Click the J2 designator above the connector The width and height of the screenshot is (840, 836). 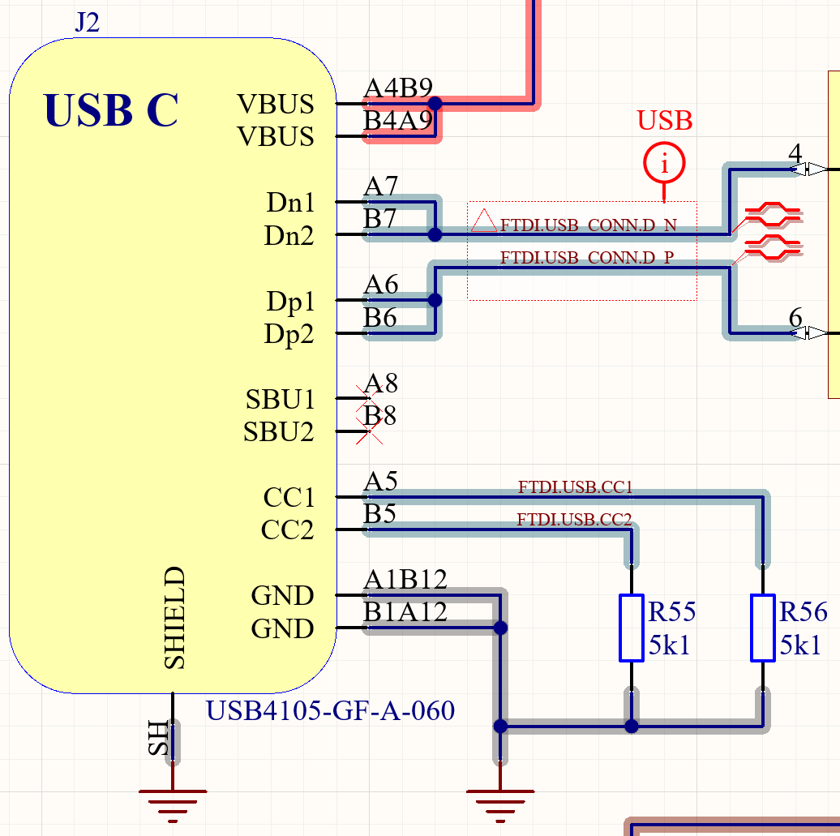coord(87,23)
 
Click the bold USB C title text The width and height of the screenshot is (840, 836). coord(110,110)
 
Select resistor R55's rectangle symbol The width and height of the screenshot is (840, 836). coord(632,628)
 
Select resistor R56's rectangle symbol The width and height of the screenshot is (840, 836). coord(762,628)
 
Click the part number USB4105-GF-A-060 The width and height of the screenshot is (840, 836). coord(330,711)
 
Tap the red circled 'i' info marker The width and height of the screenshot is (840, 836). coord(664,165)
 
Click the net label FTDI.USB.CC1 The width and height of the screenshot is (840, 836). coord(575,487)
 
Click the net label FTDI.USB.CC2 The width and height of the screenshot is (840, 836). coord(574,520)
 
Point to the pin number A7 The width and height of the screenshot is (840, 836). coord(381,187)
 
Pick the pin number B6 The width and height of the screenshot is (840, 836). coord(380,318)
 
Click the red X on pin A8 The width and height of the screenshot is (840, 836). coord(370,397)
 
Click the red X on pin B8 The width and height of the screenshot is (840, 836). coord(370,431)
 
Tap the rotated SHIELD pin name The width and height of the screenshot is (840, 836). coord(175,618)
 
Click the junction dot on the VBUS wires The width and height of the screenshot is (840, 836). coord(435,104)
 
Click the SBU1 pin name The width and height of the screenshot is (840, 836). coord(280,400)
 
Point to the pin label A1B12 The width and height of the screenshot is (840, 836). coord(405,580)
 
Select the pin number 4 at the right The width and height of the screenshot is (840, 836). coord(795,153)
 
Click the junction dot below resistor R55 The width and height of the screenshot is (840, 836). coord(632,726)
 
